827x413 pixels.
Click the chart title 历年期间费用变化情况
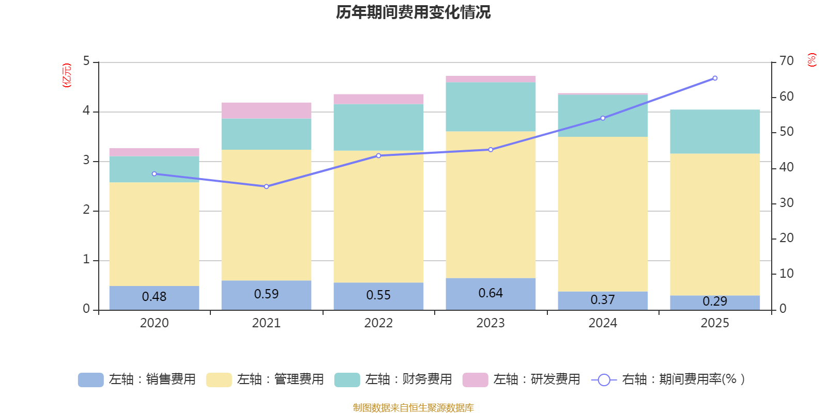point(413,12)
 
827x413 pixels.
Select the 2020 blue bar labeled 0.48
point(154,297)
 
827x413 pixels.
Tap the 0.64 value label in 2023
point(491,293)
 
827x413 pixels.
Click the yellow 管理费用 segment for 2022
point(378,217)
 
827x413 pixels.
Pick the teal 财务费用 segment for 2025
point(715,132)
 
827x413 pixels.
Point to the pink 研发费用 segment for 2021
point(266,110)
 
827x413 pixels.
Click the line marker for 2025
point(715,78)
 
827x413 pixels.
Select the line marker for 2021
point(266,186)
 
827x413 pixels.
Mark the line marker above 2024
point(603,118)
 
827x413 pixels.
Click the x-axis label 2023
point(491,323)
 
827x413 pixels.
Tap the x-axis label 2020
point(154,323)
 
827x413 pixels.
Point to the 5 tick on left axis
point(86,61)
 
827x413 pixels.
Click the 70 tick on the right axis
point(786,61)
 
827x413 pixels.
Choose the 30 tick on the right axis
point(786,203)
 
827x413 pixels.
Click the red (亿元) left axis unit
point(66,75)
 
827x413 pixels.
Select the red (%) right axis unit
point(811,60)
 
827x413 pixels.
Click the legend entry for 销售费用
point(137,379)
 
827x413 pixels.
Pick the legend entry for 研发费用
point(522,379)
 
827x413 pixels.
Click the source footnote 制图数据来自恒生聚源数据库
point(413,408)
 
